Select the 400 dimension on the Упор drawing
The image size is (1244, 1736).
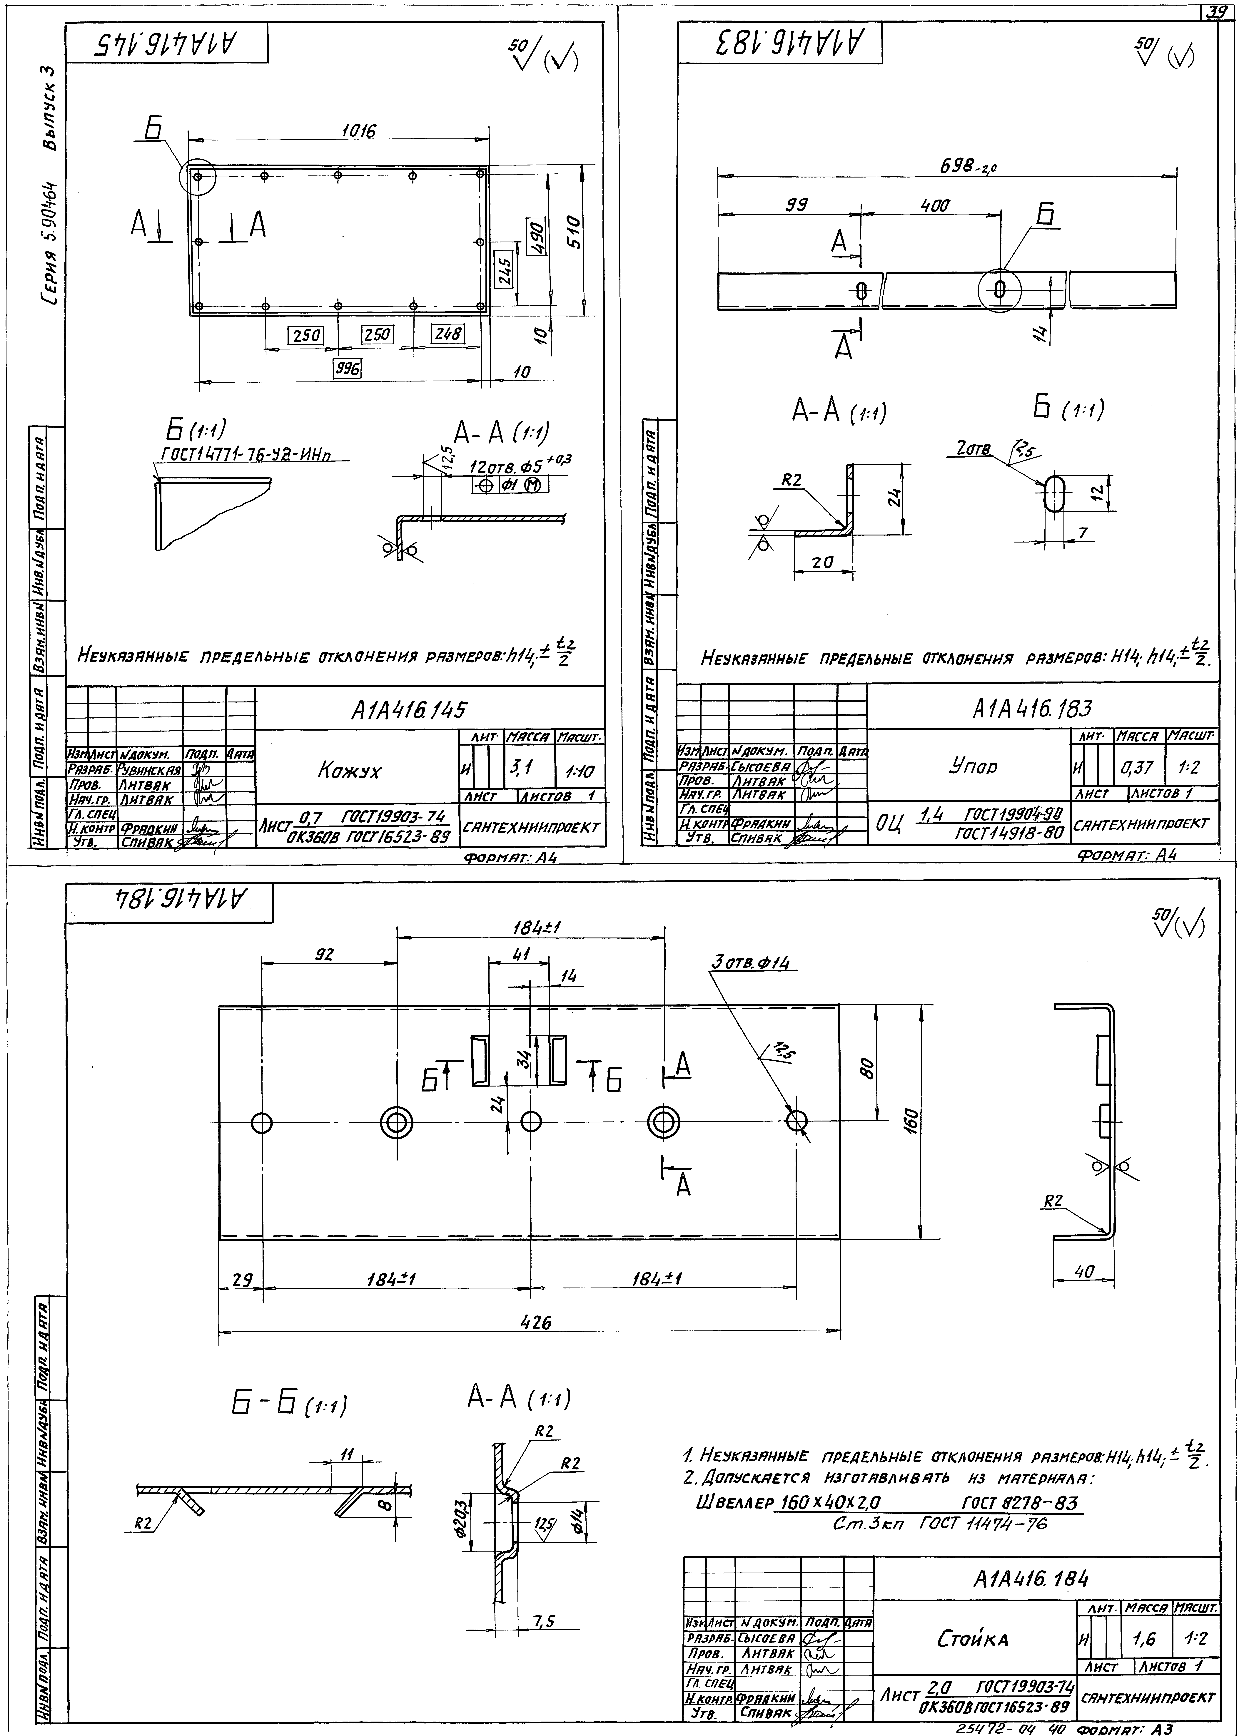pos(934,205)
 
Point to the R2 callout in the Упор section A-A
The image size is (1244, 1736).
pos(791,480)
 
